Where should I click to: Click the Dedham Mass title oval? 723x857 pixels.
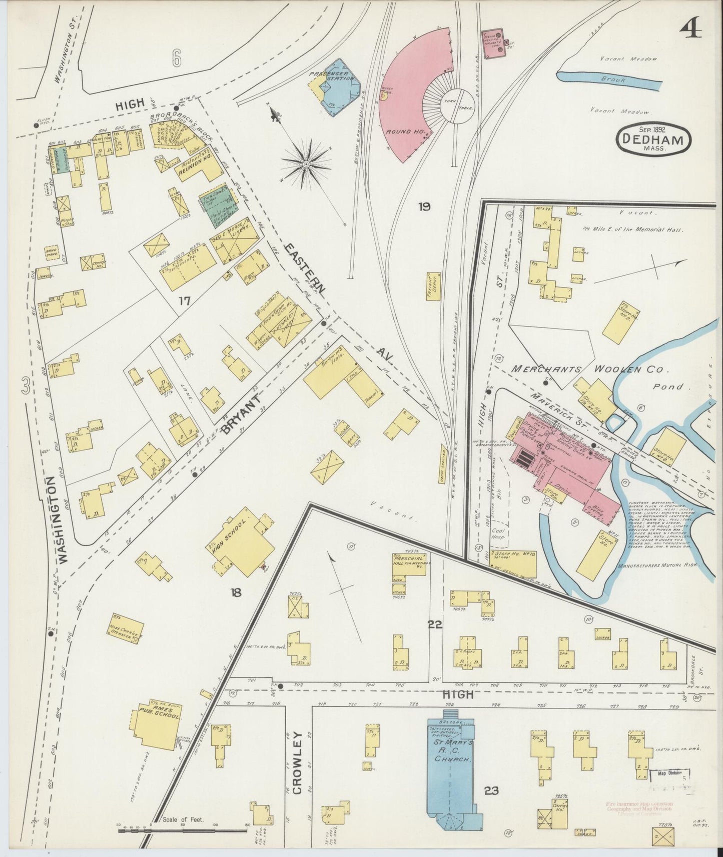click(653, 138)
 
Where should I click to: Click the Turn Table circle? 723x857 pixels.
click(456, 105)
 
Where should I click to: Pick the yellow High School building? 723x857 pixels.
click(243, 542)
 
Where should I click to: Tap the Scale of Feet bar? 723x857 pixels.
click(183, 831)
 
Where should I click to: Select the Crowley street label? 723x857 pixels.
click(297, 762)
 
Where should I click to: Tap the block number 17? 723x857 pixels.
click(185, 300)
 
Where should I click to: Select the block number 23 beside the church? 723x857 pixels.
click(491, 790)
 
